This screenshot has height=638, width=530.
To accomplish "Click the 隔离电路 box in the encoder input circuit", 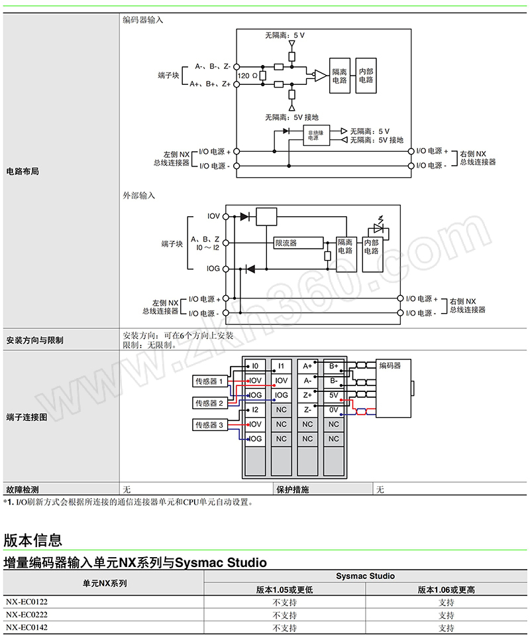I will pos(339,75).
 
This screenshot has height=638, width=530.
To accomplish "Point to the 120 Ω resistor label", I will pos(248,76).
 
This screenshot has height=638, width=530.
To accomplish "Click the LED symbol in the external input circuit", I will pos(378,227).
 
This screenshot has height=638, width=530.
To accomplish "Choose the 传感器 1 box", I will pos(209,381).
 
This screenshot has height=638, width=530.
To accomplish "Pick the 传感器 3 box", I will pos(209,424).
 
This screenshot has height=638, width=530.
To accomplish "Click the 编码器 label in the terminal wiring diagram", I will pos(390,365).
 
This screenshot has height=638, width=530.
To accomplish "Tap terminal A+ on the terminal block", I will pos(307,366).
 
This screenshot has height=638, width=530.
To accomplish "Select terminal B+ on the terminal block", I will pos(333,366).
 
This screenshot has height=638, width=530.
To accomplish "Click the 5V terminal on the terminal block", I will pos(333,395).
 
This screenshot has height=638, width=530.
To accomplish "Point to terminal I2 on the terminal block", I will pos(255,410).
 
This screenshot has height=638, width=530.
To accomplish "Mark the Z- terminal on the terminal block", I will pos(307,410).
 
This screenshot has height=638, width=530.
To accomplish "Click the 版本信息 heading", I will pos(33,539).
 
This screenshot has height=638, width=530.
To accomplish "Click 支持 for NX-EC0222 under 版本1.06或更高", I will pos(447,615).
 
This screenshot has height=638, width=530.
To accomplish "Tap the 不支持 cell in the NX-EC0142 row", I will pos(285,627).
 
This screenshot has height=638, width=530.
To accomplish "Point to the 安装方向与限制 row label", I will pos(34,340).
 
